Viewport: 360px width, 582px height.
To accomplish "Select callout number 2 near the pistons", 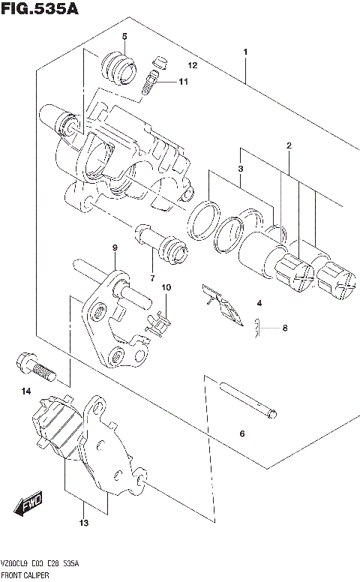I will coord(288,145).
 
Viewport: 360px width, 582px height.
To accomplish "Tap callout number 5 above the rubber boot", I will coord(124,37).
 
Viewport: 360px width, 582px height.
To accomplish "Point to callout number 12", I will coord(192,66).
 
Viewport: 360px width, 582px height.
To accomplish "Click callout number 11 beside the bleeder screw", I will coord(183,82).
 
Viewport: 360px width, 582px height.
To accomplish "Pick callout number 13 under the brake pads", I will coord(85,523).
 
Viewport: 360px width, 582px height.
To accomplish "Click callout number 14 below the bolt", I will coord(26,391).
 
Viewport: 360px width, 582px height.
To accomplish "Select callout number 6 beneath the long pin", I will coord(242,433).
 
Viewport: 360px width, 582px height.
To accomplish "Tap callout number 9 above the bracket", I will coord(115,248).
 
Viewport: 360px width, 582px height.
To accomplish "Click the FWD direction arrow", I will coord(31,504).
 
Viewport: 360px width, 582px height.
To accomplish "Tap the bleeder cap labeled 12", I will coord(160,61).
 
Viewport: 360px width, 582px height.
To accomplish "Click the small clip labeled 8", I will coord(258,327).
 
